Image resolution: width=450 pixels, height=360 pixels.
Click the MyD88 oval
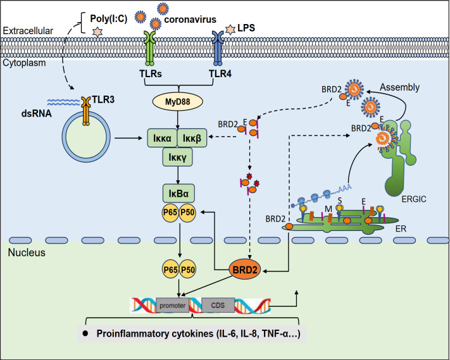click(177, 101)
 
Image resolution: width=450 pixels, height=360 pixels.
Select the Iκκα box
click(163, 138)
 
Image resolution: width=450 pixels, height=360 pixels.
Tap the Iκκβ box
click(192, 138)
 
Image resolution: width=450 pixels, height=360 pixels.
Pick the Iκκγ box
click(177, 157)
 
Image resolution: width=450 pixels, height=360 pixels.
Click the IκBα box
click(178, 194)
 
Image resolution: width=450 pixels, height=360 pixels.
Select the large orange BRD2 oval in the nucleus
click(244, 270)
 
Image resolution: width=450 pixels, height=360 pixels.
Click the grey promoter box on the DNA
click(173, 306)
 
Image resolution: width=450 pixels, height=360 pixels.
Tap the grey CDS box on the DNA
click(218, 305)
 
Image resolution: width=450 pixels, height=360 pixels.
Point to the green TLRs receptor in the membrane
click(150, 48)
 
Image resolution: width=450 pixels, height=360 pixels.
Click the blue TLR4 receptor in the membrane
click(218, 48)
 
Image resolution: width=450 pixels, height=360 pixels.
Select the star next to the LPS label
click(230, 30)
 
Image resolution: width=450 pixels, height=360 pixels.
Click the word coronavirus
click(191, 20)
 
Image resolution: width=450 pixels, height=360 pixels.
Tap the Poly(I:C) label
click(108, 18)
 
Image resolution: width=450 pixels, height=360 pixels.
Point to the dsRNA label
click(37, 114)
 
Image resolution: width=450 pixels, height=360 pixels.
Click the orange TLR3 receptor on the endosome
click(86, 111)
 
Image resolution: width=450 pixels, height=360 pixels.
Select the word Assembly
click(399, 87)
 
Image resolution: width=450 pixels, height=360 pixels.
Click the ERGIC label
click(414, 199)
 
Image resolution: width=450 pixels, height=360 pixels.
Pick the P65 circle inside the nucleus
click(170, 270)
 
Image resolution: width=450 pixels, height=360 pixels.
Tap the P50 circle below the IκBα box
click(187, 213)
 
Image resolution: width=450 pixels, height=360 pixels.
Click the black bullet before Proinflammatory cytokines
click(85, 333)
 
